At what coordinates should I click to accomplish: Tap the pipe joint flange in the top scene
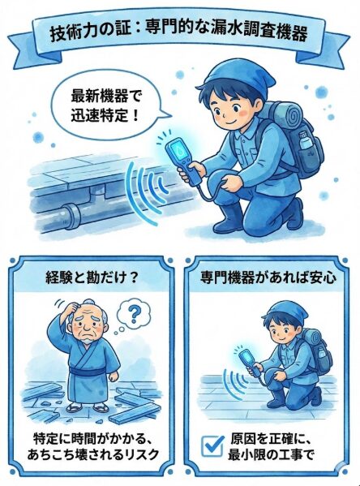pyautogui.click(x=71, y=216)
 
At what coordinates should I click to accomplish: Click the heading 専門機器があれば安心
pyautogui.click(x=268, y=277)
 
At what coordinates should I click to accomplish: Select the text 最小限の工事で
pyautogui.click(x=280, y=456)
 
